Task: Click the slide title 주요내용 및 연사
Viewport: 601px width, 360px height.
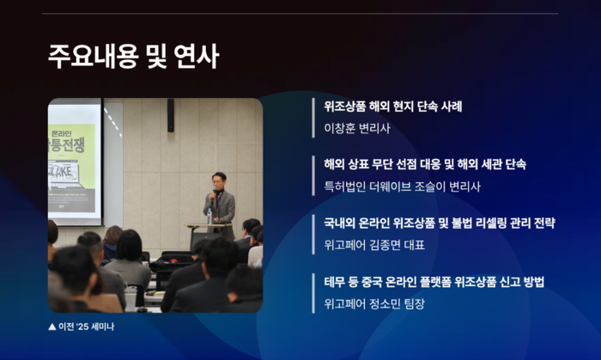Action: (133, 57)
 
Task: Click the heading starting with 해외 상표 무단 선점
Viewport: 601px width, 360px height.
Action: (425, 164)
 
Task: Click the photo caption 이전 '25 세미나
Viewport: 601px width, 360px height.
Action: (86, 326)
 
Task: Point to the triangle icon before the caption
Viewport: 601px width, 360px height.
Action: (52, 326)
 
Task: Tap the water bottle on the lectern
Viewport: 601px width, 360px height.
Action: (209, 216)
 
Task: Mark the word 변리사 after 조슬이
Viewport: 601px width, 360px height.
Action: (464, 186)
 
